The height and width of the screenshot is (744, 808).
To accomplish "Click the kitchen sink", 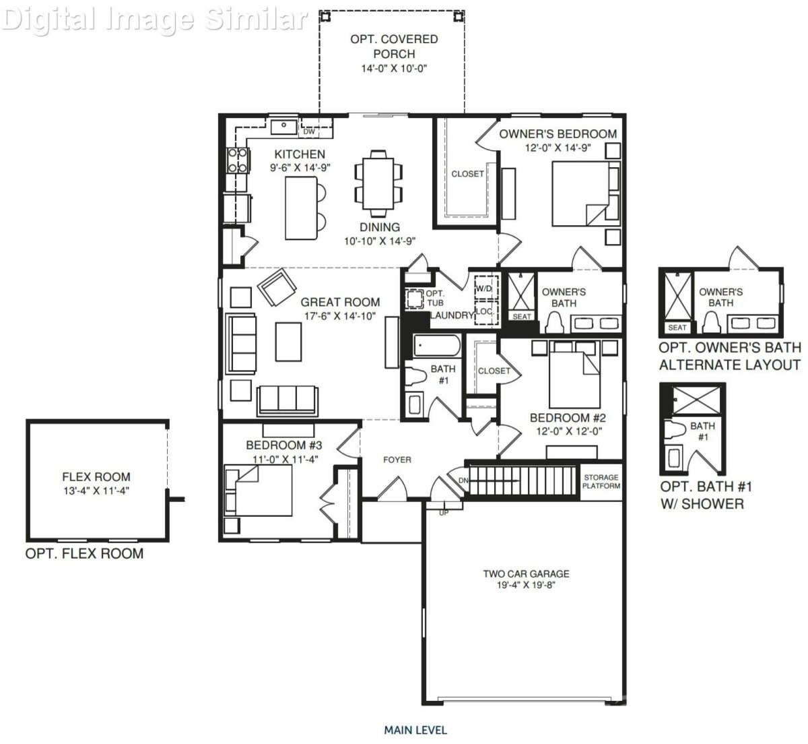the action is point(284,127).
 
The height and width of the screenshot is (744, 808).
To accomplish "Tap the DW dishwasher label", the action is point(309,131).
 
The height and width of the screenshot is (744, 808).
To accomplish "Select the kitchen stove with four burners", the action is point(238,160).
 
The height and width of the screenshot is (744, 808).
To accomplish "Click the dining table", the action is point(378,183).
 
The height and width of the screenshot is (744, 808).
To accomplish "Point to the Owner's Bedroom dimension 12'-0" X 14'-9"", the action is point(558,148).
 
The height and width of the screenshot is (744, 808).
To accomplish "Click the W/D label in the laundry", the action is point(483,288).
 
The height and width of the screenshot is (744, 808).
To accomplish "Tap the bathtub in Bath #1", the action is point(437,346).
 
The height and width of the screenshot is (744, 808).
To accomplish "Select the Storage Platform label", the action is point(601,481).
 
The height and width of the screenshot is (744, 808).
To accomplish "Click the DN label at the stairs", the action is point(464,480).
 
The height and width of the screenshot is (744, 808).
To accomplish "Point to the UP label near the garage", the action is point(444,513).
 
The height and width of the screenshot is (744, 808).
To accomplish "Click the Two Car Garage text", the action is point(526,573).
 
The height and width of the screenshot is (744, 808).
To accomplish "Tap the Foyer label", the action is point(397,460).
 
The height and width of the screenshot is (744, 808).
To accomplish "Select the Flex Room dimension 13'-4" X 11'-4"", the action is point(96,491).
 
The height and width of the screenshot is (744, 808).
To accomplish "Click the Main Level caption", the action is point(415,730).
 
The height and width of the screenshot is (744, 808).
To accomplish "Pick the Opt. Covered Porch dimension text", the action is point(393,68).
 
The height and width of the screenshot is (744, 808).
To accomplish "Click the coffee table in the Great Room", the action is point(288,342).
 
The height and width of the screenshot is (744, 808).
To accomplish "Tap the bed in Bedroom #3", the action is point(258,491).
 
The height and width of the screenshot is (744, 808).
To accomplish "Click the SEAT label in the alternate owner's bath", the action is point(677,328).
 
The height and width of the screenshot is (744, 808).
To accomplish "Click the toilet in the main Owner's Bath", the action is point(554,323).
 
